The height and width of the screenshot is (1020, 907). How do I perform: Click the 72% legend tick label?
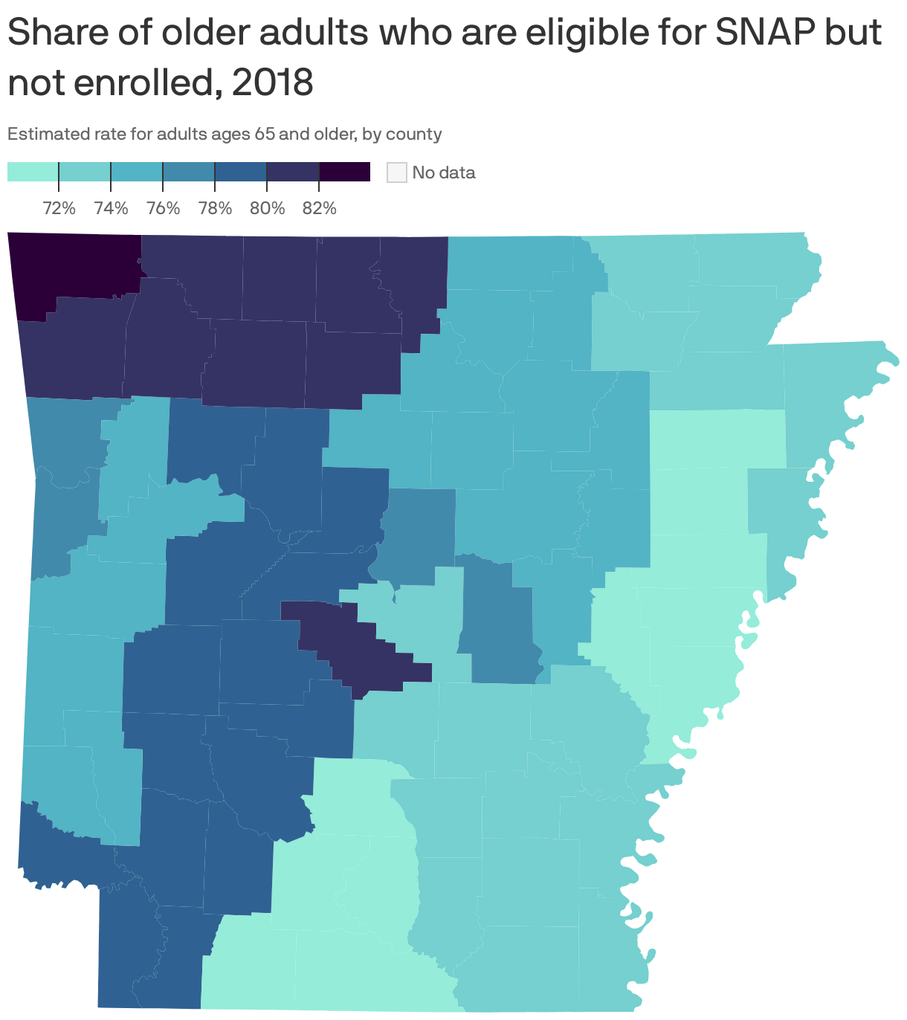[x=59, y=208]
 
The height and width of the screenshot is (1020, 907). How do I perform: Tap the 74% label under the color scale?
[x=112, y=208]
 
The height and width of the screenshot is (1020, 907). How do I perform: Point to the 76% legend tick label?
[x=164, y=208]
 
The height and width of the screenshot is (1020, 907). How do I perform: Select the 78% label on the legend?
[x=216, y=208]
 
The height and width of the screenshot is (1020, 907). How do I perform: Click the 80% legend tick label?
[x=268, y=208]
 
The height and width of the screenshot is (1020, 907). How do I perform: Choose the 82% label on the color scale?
[x=320, y=208]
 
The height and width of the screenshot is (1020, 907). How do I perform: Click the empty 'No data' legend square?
[x=397, y=172]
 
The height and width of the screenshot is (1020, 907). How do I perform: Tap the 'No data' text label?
[x=444, y=172]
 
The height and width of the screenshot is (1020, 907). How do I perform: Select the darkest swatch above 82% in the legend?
[x=345, y=172]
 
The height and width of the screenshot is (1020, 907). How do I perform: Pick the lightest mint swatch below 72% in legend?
[x=33, y=172]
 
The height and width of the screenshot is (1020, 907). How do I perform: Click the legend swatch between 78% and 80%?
[x=241, y=172]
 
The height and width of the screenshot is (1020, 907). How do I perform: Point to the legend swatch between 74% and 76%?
[x=137, y=172]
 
